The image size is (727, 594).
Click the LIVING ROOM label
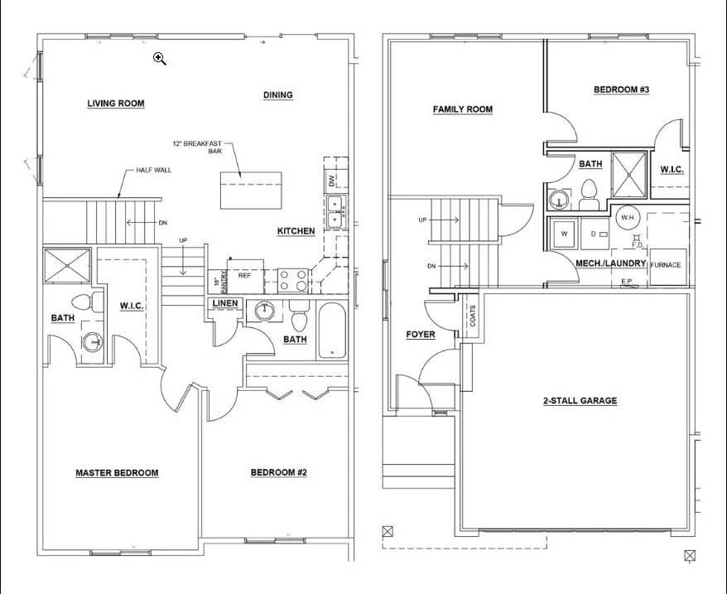pos(116,104)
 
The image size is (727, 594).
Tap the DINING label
pos(278,95)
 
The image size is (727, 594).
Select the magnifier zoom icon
pos(160,58)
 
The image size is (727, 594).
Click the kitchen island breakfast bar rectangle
pos(250,191)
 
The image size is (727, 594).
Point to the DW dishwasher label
pos(331,179)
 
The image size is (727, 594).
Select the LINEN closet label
pos(225,303)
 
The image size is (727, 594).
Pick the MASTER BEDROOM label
pos(117,473)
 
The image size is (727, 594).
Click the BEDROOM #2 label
pos(279,473)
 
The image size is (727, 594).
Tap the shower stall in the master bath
pos(67,266)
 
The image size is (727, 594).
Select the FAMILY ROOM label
pos(463,109)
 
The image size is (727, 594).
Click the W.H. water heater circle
pos(627,218)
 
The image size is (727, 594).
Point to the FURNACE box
pos(667,266)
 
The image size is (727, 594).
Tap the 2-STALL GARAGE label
pos(580,401)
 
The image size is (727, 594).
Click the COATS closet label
pos(472,316)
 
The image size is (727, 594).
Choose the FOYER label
pos(421,335)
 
